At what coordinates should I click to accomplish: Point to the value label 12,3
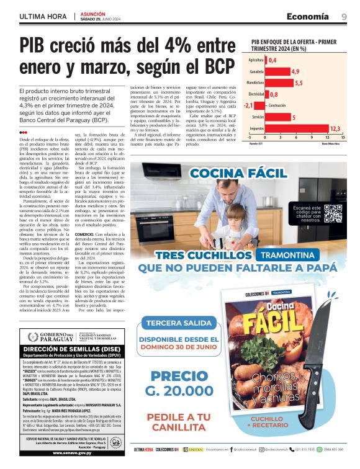coord(335,129)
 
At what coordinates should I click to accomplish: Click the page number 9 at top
coord(344,17)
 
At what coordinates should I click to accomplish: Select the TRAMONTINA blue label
coord(282,256)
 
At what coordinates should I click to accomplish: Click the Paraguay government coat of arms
coord(33,336)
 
